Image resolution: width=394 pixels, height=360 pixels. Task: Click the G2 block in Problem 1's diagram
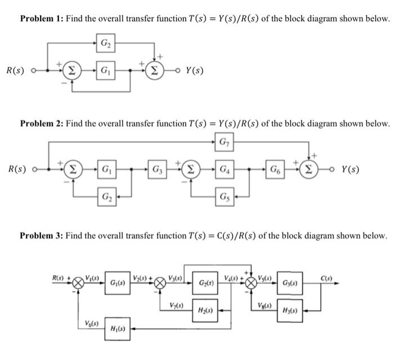105,43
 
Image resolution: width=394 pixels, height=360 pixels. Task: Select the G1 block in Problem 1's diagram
105,71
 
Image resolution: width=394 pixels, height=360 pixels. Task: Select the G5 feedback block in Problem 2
225,197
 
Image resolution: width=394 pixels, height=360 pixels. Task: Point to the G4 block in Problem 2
225,169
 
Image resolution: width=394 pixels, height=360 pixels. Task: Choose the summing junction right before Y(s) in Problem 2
308,169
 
